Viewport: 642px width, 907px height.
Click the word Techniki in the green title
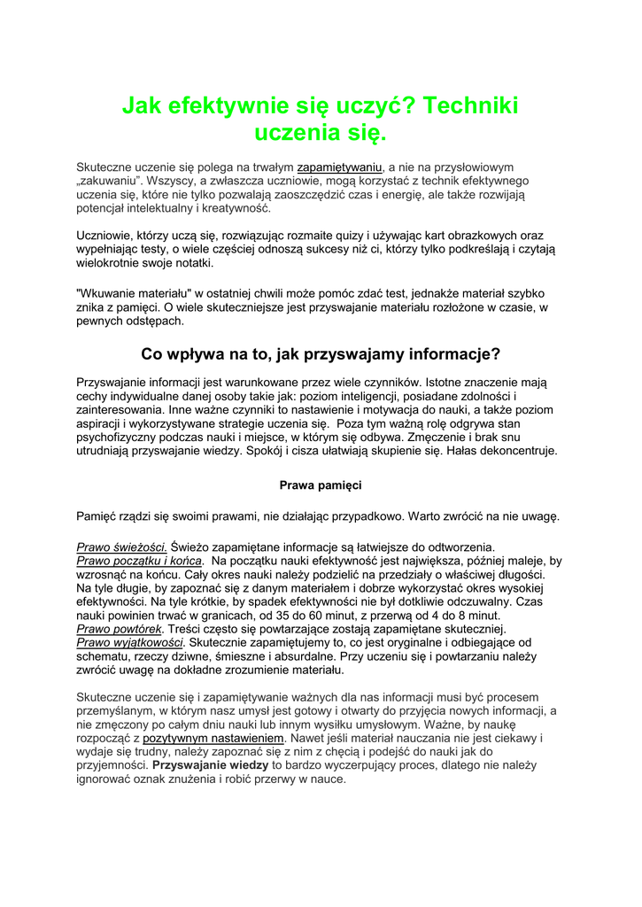click(471, 107)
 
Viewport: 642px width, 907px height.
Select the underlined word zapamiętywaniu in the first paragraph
click(339, 167)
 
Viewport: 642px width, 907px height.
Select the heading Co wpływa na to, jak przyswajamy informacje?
click(321, 354)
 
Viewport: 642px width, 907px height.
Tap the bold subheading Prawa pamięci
click(321, 485)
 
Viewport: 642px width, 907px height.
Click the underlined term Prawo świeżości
click(122, 547)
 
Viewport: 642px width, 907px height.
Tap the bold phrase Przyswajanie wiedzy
click(211, 765)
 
